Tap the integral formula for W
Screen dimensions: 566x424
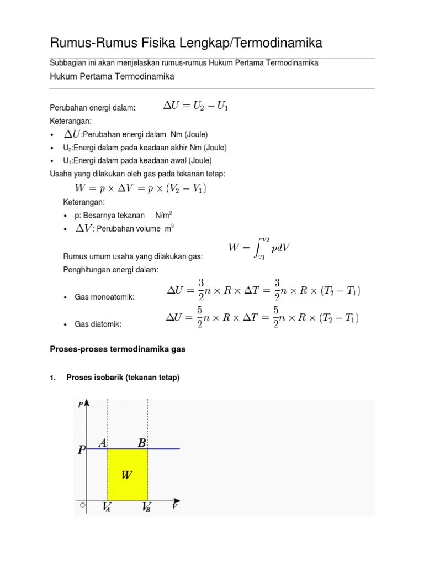(259, 248)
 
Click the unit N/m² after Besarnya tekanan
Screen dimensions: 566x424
(169, 215)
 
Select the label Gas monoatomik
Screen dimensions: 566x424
(105, 297)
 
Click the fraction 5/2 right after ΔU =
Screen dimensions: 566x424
(199, 318)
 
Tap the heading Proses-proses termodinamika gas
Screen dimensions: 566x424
(118, 350)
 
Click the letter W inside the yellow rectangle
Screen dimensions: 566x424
(126, 474)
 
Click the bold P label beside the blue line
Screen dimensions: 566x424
(81, 450)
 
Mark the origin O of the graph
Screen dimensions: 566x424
(82, 505)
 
